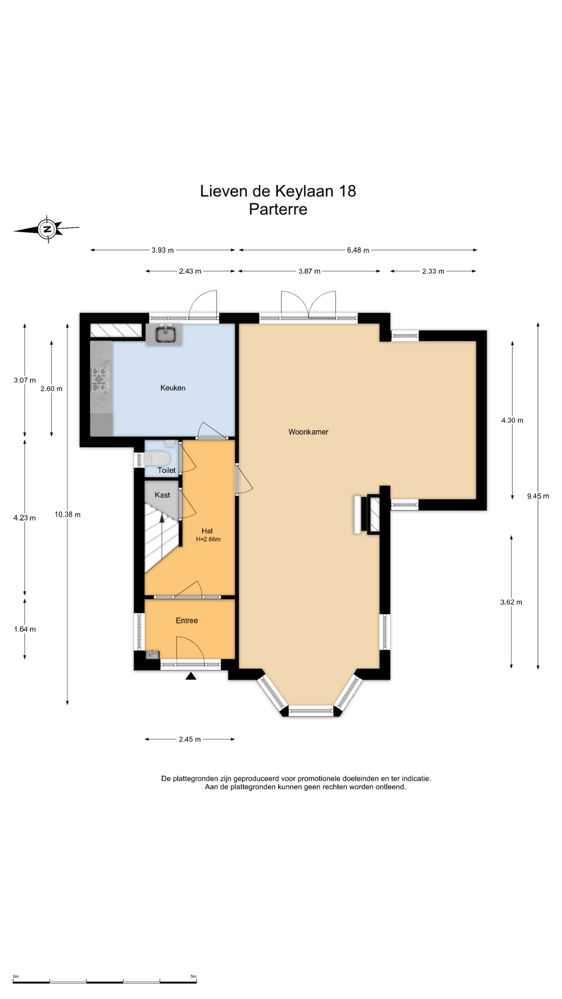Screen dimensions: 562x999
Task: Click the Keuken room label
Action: pos(173,388)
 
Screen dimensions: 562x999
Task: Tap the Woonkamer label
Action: pos(308,432)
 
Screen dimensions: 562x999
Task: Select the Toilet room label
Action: pos(167,470)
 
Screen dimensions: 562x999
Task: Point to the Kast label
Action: pos(162,495)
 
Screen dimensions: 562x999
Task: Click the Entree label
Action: pos(187,620)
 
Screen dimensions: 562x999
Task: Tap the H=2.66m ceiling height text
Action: pos(208,540)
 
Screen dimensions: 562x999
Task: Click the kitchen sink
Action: pos(164,334)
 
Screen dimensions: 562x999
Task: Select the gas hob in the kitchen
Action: pos(99,379)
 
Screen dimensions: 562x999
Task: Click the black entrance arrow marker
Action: pos(191,676)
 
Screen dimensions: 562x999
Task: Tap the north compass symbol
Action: pos(47,229)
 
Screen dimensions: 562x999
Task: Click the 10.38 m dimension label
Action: pos(68,515)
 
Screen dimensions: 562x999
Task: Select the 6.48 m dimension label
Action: pos(358,250)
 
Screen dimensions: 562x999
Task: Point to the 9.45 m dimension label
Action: pos(538,496)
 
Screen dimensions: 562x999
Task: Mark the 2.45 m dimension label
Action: pos(189,739)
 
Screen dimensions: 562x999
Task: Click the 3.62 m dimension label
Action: pos(511,602)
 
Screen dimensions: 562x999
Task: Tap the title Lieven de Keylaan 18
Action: pos(278,191)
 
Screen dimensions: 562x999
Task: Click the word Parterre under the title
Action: pos(278,209)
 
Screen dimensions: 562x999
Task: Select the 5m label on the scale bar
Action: pos(193,976)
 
